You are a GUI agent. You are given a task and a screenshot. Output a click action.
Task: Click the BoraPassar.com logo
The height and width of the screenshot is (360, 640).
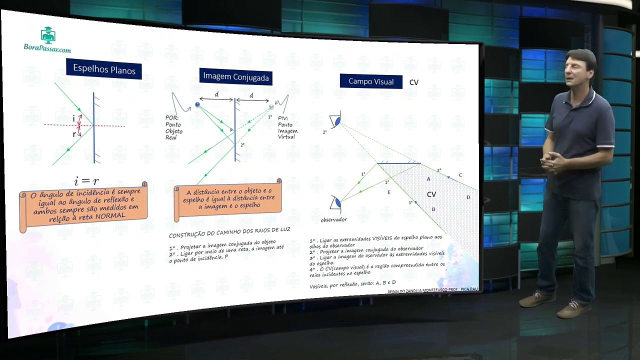(47, 40)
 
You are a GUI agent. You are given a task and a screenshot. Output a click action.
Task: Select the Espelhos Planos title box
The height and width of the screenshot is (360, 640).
(104, 69)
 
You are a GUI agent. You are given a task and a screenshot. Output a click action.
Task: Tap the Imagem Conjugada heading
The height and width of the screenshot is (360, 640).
(235, 76)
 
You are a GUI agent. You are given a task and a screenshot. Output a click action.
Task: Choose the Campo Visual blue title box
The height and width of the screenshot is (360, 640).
(371, 81)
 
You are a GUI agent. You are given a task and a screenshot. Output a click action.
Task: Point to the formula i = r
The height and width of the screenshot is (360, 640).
(86, 180)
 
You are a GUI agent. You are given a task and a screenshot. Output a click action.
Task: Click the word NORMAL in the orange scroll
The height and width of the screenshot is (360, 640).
(109, 215)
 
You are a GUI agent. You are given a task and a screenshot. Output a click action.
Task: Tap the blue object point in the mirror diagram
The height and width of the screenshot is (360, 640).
(197, 104)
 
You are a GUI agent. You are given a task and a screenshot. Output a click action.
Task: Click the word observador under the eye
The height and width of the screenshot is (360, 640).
(333, 219)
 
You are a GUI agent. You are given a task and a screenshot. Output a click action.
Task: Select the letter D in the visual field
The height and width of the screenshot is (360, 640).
(468, 197)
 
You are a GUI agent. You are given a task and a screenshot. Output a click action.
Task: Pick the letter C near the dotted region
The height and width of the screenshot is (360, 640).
(460, 175)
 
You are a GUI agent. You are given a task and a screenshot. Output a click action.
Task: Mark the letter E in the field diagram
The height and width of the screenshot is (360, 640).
(389, 192)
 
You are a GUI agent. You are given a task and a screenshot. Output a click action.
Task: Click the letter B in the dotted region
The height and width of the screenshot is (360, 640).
(433, 209)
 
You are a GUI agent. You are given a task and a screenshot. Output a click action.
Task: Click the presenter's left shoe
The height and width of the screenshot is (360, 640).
(572, 308)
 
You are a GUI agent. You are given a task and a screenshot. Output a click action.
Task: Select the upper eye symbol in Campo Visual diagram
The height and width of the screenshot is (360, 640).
(335, 121)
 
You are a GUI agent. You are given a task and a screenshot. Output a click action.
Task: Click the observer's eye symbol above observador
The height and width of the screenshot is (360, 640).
(336, 203)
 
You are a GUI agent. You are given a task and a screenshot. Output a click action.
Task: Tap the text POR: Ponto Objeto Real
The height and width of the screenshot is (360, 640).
(174, 127)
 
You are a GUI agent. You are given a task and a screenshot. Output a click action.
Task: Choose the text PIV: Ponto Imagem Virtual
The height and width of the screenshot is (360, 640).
(286, 127)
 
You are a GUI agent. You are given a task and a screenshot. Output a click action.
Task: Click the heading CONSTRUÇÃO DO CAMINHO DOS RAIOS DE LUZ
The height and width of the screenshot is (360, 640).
(229, 232)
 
